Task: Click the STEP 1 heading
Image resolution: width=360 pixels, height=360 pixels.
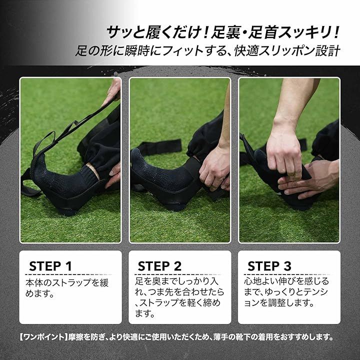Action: pyautogui.click(x=50, y=266)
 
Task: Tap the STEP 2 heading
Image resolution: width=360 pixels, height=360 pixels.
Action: pyautogui.click(x=159, y=266)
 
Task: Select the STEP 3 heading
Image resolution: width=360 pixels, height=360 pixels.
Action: pyautogui.click(x=269, y=266)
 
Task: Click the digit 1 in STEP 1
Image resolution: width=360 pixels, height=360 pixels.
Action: pyautogui.click(x=68, y=266)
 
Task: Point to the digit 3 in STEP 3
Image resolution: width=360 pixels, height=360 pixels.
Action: pyautogui.click(x=287, y=266)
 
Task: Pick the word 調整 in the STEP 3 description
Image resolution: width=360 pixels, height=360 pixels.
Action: pyautogui.click(x=277, y=303)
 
